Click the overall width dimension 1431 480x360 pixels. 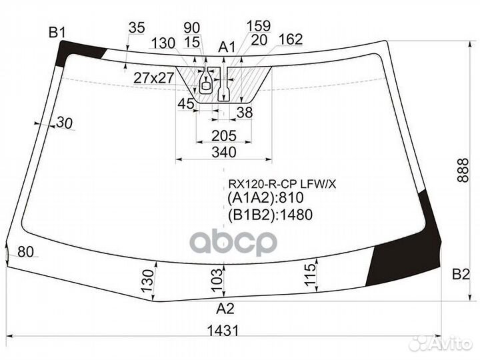tap(223, 331)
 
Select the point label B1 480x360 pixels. tap(57, 32)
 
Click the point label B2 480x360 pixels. tap(461, 274)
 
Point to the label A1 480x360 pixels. tap(227, 47)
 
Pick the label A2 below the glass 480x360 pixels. tap(225, 309)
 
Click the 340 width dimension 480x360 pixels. tap(224, 152)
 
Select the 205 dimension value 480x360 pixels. tap(224, 135)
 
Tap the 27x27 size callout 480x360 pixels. tap(154, 78)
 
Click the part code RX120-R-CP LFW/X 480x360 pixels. tap(282, 184)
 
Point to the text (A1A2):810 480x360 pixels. tap(265, 198)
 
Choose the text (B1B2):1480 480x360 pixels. tap(270, 215)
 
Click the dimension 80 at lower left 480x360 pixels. tap(26, 252)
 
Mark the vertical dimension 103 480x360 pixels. tap(217, 280)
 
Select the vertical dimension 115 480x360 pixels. tap(310, 275)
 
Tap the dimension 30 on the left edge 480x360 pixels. tap(64, 123)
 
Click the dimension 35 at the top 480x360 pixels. tap(137, 27)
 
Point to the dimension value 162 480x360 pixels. tap(291, 39)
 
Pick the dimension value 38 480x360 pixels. tap(245, 113)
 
